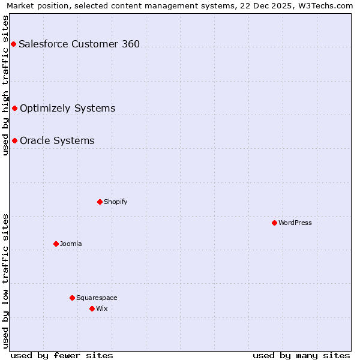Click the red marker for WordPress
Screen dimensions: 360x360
click(274, 223)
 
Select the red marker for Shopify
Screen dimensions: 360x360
click(100, 202)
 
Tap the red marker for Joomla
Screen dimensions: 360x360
click(56, 244)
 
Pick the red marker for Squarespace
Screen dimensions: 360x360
click(72, 298)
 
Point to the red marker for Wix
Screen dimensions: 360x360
click(92, 308)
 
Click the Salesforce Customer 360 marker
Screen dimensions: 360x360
click(13, 44)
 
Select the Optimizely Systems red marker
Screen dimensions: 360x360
click(14, 108)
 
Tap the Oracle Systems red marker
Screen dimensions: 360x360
click(14, 140)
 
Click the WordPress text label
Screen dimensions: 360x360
click(295, 223)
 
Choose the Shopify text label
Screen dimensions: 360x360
click(116, 202)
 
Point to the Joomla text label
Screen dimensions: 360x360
click(71, 244)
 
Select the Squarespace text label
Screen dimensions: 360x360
click(97, 298)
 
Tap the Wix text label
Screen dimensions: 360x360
click(102, 308)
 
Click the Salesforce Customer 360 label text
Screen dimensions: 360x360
click(79, 44)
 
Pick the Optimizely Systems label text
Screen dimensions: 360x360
click(67, 108)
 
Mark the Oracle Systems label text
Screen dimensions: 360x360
click(57, 140)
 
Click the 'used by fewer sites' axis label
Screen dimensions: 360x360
click(62, 355)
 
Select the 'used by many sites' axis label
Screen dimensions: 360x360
click(301, 355)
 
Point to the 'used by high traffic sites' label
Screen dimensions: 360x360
click(6, 85)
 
